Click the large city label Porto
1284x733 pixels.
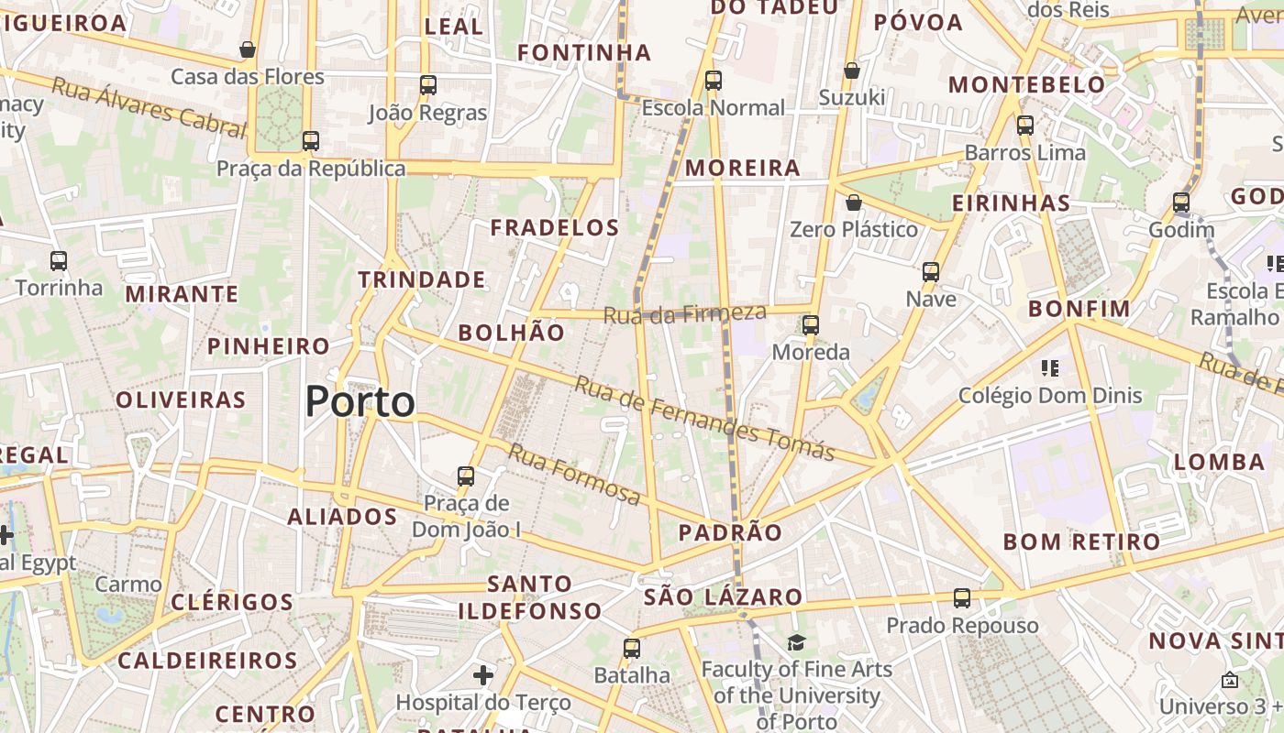click(360, 401)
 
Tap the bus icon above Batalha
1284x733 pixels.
click(631, 649)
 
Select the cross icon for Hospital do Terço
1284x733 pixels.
click(483, 676)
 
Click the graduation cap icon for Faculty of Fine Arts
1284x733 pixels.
click(796, 643)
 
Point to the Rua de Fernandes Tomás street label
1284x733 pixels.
click(703, 419)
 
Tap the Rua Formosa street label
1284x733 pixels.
click(574, 474)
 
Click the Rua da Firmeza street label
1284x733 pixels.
click(684, 313)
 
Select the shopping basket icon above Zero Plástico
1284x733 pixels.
click(854, 202)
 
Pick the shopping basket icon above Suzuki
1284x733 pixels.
click(852, 71)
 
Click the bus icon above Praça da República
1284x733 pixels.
click(311, 141)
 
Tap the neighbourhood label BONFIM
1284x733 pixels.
click(1079, 309)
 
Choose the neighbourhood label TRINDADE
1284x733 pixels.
click(422, 279)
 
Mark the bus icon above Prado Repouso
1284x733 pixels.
click(961, 598)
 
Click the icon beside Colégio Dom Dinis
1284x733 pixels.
click(1050, 368)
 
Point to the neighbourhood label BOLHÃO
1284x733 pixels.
click(511, 333)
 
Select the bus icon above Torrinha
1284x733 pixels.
click(59, 261)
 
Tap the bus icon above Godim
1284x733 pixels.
click(1181, 202)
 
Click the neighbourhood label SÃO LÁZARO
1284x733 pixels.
click(724, 597)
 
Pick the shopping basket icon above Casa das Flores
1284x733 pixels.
click(248, 49)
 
